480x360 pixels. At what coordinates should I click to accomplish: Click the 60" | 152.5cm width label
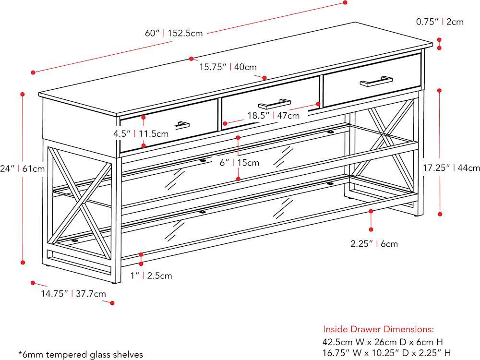[x=174, y=33]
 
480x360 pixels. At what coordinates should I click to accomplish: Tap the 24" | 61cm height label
[x=23, y=168]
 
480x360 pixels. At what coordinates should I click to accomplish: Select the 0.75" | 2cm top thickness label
[x=440, y=22]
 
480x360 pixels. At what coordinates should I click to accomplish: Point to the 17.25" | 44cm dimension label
[x=451, y=168]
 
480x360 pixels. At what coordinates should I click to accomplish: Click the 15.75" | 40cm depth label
[x=228, y=67]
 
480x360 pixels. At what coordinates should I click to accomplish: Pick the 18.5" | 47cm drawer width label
[x=274, y=115]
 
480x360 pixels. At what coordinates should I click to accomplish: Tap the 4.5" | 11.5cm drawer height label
[x=141, y=134]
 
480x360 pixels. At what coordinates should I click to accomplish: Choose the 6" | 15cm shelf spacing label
[x=240, y=163]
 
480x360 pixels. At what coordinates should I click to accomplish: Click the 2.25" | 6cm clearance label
[x=374, y=244]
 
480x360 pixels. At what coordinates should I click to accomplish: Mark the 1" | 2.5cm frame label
[x=151, y=276]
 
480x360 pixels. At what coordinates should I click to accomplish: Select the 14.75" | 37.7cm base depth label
[x=73, y=294]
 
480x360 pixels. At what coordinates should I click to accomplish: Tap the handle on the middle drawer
[x=275, y=104]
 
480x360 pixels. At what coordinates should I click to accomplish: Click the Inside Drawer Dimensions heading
[x=378, y=329]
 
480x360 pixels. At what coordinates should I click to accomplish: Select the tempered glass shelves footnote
[x=81, y=355]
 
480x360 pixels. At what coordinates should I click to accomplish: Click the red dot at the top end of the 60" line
[x=345, y=2]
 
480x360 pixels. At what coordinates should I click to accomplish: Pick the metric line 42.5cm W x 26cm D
[x=383, y=342]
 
